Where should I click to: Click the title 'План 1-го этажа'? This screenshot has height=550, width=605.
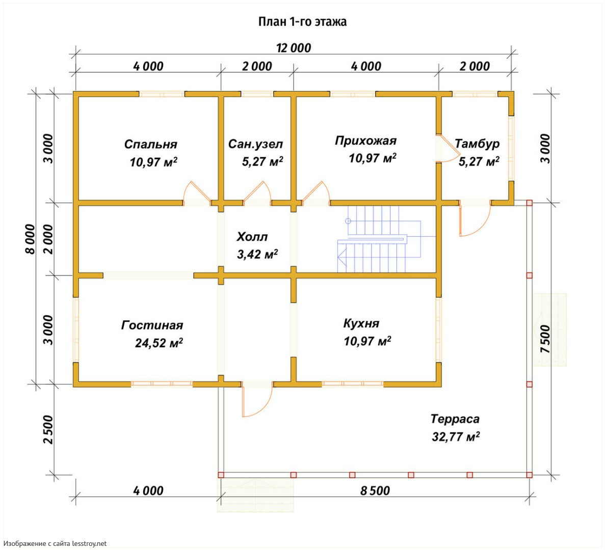pyautogui.click(x=303, y=21)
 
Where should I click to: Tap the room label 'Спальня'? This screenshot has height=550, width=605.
pyautogui.click(x=150, y=144)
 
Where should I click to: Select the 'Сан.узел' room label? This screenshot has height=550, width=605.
pyautogui.click(x=255, y=144)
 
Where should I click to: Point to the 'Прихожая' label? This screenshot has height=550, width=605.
pyautogui.click(x=366, y=141)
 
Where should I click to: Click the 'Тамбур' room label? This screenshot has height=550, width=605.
pyautogui.click(x=477, y=144)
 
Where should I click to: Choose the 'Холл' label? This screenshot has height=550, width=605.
pyautogui.click(x=252, y=237)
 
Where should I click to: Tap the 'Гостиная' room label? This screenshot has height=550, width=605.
pyautogui.click(x=152, y=325)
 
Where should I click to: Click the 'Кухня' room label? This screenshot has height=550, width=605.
pyautogui.click(x=361, y=323)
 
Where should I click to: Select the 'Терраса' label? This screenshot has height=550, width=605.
pyautogui.click(x=455, y=419)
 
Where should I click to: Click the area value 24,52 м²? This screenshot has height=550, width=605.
pyautogui.click(x=159, y=343)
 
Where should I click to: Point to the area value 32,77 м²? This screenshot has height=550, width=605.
pyautogui.click(x=456, y=436)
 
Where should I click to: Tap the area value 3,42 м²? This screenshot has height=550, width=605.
pyautogui.click(x=257, y=254)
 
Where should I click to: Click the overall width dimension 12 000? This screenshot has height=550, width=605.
pyautogui.click(x=294, y=48)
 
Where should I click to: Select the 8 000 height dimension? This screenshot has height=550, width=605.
pyautogui.click(x=30, y=239)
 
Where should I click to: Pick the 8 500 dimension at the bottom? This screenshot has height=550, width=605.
pyautogui.click(x=375, y=490)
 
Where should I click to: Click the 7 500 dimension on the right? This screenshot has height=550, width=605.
pyautogui.click(x=545, y=339)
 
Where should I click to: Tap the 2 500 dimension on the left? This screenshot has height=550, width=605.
pyautogui.click(x=48, y=429)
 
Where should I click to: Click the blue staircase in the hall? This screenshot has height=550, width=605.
pyautogui.click(x=380, y=239)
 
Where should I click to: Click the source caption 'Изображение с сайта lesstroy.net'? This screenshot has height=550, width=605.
pyautogui.click(x=55, y=544)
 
